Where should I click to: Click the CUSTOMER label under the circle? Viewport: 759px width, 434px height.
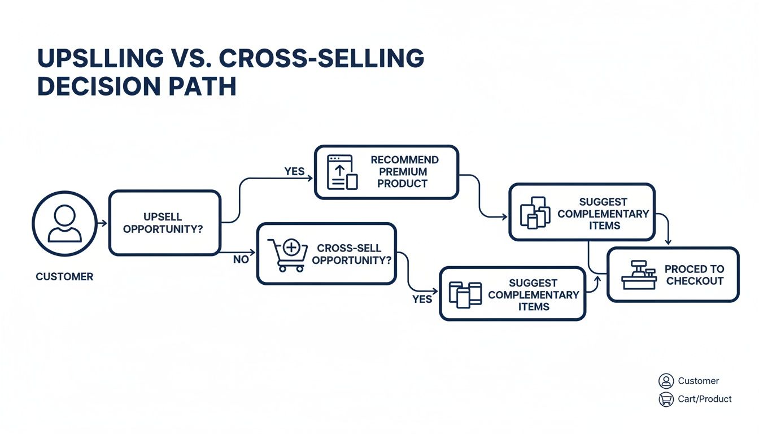(x=64, y=277)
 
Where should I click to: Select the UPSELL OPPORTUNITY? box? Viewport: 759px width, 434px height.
(x=164, y=223)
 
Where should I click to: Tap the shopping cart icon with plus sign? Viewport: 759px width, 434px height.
(x=287, y=254)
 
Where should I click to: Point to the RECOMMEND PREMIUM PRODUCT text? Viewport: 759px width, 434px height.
(x=404, y=172)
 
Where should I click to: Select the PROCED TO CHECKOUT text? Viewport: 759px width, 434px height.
(x=695, y=275)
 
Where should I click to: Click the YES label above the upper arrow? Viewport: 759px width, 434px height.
(x=294, y=171)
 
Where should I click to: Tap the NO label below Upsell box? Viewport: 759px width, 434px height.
(x=241, y=260)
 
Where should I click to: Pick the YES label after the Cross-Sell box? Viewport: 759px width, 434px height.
(x=422, y=299)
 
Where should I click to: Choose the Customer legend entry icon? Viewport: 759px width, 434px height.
(x=666, y=381)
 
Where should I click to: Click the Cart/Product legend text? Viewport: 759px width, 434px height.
(x=705, y=399)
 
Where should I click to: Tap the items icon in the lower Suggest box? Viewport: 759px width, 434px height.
(x=465, y=294)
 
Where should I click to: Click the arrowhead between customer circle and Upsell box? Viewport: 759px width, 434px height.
(x=104, y=224)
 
